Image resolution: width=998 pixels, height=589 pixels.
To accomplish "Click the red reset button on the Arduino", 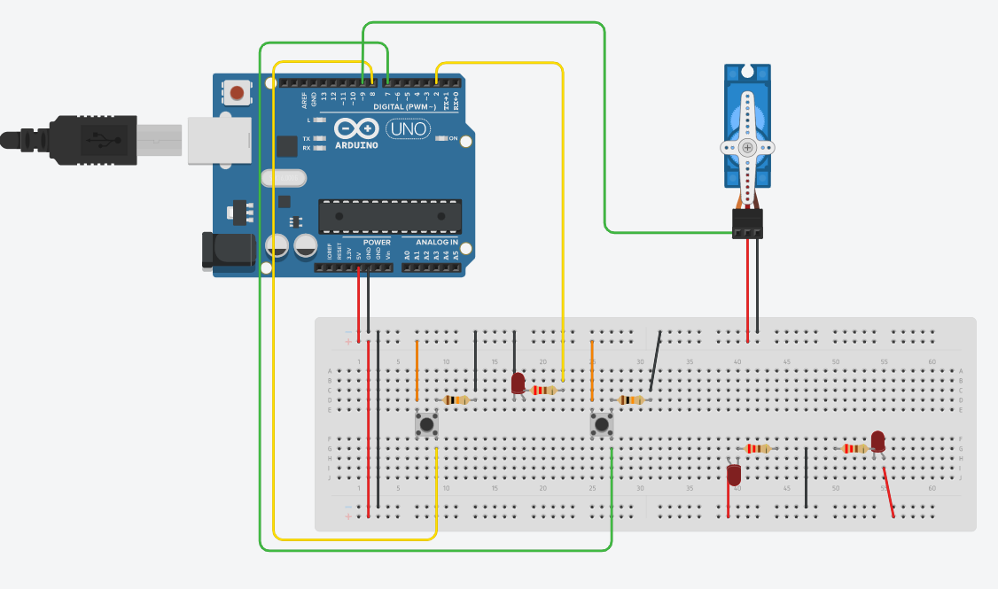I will click(x=237, y=92).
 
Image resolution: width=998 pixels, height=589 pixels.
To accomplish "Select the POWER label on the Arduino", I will click(x=377, y=242).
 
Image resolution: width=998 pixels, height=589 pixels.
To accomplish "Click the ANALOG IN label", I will click(x=437, y=242).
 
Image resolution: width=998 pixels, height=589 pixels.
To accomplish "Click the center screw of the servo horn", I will click(x=748, y=147).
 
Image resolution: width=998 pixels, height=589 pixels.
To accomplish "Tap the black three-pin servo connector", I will click(x=747, y=224).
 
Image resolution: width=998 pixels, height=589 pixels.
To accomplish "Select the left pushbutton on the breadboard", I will click(x=426, y=425).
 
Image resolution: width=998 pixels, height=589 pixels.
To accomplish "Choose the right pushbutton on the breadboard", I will click(x=602, y=425).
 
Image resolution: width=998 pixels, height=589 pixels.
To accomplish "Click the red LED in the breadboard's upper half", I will click(x=518, y=383).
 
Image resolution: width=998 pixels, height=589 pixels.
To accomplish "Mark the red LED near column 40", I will click(x=734, y=475).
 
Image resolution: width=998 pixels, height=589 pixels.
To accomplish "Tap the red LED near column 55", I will click(x=877, y=440).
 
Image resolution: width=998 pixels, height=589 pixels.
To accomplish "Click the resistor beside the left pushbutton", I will click(x=456, y=399).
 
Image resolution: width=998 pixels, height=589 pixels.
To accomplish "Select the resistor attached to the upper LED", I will click(x=544, y=390).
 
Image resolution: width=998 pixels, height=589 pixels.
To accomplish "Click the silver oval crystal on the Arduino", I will click(x=284, y=178).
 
